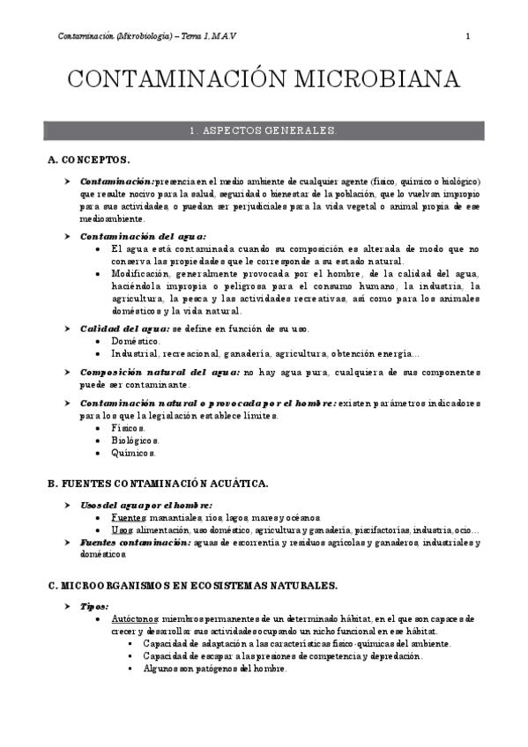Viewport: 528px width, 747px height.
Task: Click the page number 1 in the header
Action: click(x=467, y=36)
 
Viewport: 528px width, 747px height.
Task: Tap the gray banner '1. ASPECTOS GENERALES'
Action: click(x=264, y=130)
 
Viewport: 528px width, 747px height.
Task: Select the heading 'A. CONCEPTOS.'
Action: click(x=89, y=159)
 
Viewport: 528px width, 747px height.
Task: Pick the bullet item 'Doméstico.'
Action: click(x=136, y=340)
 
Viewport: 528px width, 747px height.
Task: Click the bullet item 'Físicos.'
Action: click(x=129, y=427)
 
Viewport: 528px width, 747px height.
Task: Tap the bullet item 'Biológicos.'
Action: click(x=136, y=440)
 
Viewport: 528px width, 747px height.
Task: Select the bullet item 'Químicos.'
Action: click(x=133, y=453)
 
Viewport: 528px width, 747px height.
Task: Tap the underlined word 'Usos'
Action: click(x=122, y=530)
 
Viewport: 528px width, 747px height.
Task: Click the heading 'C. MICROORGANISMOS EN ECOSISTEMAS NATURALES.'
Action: click(x=192, y=585)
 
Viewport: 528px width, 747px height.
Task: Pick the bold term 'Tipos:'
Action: click(x=94, y=607)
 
